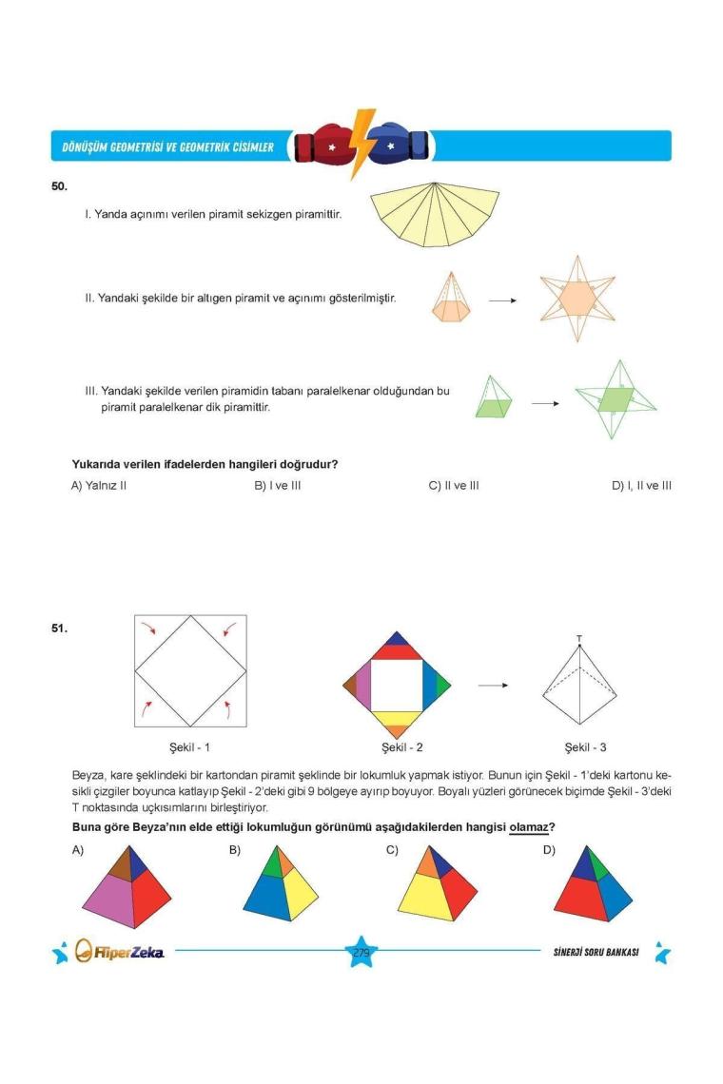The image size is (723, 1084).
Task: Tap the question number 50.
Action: pos(59,186)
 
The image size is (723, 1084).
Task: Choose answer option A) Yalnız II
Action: pos(99,485)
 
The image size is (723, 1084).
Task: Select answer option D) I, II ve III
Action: pos(641,485)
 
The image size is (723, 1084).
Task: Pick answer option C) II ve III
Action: pos(454,485)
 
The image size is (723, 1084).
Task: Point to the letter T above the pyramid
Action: pos(579,638)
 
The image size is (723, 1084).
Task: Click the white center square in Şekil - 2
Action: pos(396,685)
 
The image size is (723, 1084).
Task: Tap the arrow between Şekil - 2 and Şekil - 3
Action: pos(492,685)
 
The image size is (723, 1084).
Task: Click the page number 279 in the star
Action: pos(361,952)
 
